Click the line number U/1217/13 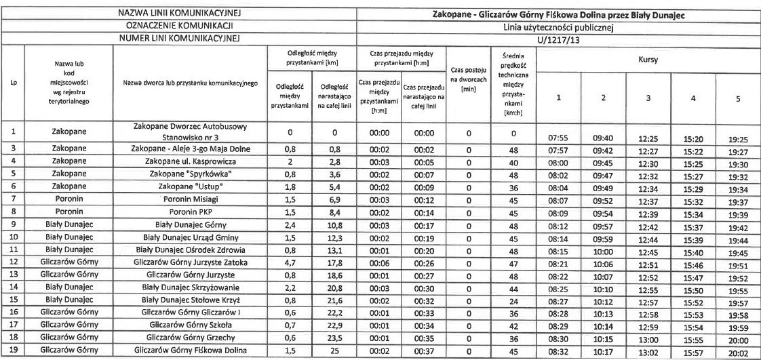pos(558,40)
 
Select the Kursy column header pos(648,59)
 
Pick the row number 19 pos(14,350)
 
